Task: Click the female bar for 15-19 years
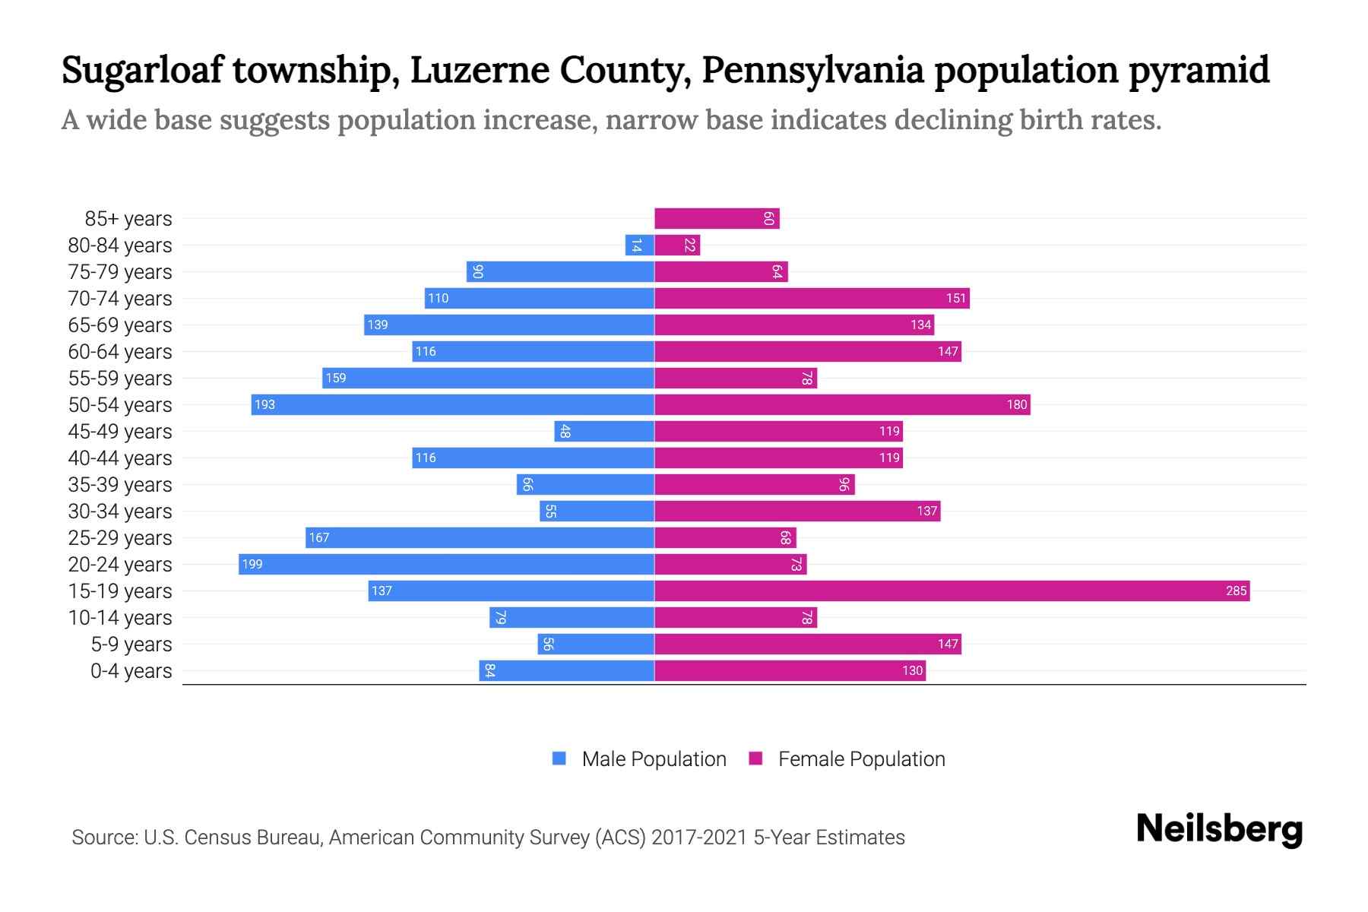[x=952, y=591]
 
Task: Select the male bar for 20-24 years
[x=446, y=564]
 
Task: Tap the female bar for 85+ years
[x=717, y=218]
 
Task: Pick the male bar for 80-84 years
[x=639, y=245]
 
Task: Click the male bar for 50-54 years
[x=452, y=404]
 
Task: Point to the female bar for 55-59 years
[x=735, y=378]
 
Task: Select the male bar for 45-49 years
[x=604, y=431]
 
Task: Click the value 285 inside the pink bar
[x=1236, y=591]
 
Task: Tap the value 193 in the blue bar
[x=264, y=404]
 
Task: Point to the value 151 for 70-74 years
[x=955, y=298]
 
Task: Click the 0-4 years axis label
[x=131, y=670]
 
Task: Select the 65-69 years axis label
[x=120, y=325]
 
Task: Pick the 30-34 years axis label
[x=120, y=511]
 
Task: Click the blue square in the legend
[x=559, y=758]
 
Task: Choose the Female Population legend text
[x=861, y=758]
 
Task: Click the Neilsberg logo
[x=1219, y=829]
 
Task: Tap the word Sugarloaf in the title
[x=143, y=70]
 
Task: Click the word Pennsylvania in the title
[x=812, y=70]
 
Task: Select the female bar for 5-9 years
[x=807, y=644]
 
